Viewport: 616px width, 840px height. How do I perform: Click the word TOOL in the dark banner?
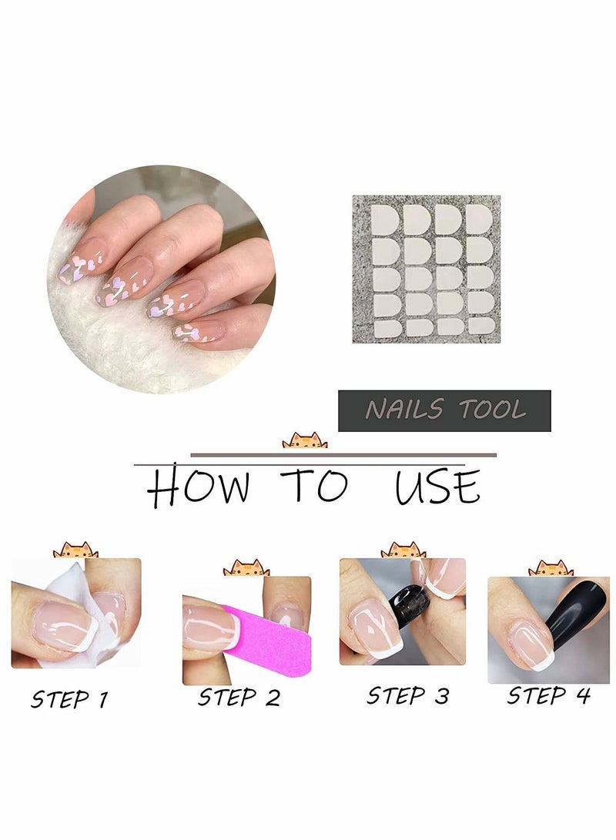pyautogui.click(x=493, y=410)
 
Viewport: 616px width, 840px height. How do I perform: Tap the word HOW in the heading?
pyautogui.click(x=199, y=487)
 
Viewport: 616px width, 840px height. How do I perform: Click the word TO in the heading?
pyautogui.click(x=315, y=487)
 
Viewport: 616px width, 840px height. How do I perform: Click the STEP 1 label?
pyautogui.click(x=69, y=699)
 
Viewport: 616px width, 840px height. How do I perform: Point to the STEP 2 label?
pyautogui.click(x=239, y=698)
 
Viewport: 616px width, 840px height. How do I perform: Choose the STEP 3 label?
pyautogui.click(x=407, y=695)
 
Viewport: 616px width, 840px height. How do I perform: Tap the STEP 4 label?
pyautogui.click(x=548, y=695)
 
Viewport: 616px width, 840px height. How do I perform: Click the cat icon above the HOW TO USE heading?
pyautogui.click(x=304, y=440)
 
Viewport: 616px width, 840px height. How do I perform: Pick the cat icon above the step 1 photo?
pyautogui.click(x=75, y=551)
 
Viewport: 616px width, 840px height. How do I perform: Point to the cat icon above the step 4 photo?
pyautogui.click(x=551, y=568)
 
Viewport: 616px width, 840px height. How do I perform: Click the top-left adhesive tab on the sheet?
pyautogui.click(x=384, y=220)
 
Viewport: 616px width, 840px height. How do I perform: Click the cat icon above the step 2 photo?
pyautogui.click(x=246, y=568)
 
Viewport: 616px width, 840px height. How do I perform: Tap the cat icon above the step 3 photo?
pyautogui.click(x=403, y=550)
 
